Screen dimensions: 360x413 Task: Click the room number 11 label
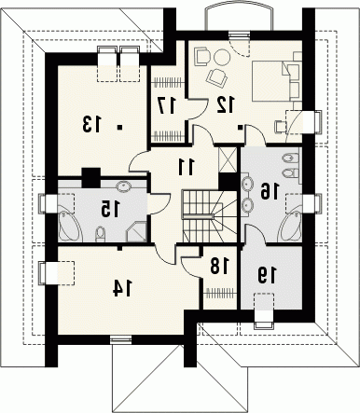tap(187, 166)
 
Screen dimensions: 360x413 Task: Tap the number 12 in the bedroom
tap(225, 104)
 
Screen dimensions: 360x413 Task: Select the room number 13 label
tap(92, 124)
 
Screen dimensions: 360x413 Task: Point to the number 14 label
tap(122, 288)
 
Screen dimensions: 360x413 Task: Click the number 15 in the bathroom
tap(110, 209)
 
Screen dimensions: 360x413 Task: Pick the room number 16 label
tap(270, 191)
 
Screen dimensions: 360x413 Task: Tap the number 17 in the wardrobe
tap(167, 105)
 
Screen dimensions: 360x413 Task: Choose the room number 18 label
tap(219, 266)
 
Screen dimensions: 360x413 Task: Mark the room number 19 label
tap(266, 275)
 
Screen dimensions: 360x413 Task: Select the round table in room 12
tap(222, 57)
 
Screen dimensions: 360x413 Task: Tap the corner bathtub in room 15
tap(70, 226)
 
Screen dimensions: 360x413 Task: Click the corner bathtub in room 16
tap(290, 226)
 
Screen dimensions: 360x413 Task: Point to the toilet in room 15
tap(100, 234)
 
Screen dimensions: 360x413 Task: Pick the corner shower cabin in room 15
tap(136, 231)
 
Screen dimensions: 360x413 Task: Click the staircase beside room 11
tap(210, 216)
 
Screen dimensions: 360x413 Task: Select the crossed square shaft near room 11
tap(228, 159)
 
